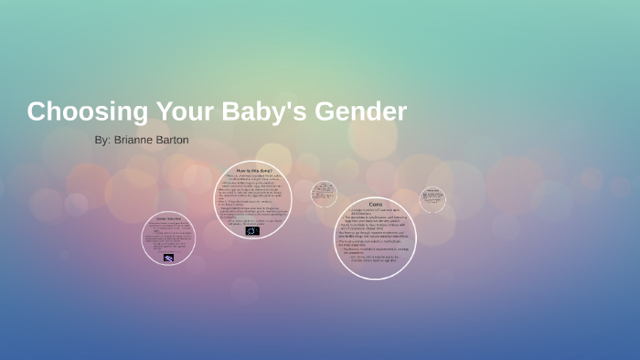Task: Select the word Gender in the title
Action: [x=360, y=112]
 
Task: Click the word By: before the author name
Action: [x=101, y=141]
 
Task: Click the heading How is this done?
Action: [x=253, y=171]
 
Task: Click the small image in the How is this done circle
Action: [x=252, y=230]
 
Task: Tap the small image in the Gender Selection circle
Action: [x=169, y=258]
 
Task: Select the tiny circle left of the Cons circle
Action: [x=324, y=193]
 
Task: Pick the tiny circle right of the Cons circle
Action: [x=433, y=198]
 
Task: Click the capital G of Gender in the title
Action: [x=325, y=112]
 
